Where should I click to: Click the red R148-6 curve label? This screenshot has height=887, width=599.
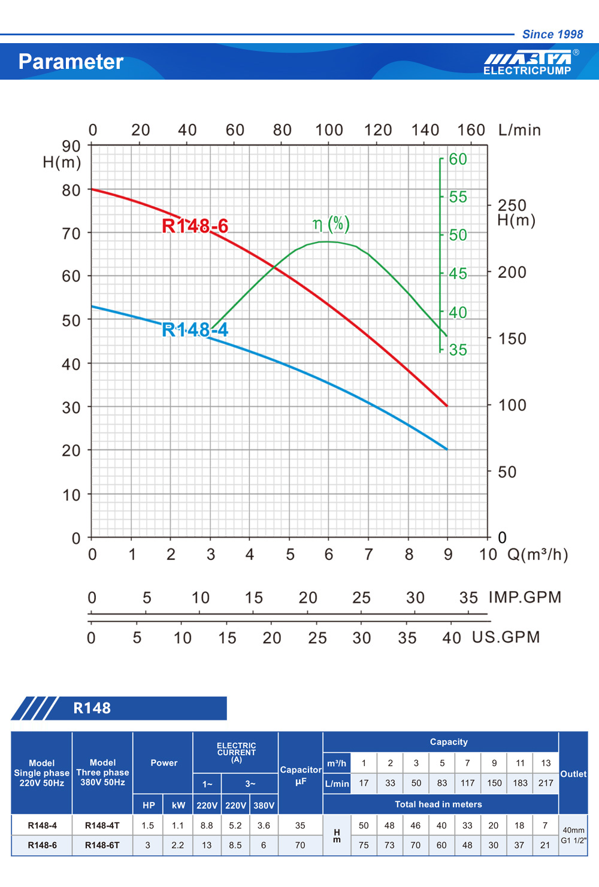tap(195, 226)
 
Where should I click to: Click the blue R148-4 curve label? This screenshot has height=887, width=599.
tap(195, 329)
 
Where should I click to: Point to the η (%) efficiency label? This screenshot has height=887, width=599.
tap(331, 224)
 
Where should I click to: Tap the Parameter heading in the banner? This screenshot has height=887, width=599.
tap(71, 62)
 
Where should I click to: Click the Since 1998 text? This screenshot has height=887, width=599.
tap(552, 34)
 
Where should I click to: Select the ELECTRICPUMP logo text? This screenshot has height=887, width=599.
tap(527, 71)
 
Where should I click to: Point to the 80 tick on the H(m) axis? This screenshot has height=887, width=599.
tap(71, 190)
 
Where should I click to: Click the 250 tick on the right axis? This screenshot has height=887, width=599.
tap(512, 205)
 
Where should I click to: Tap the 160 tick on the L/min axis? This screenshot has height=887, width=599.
tap(471, 130)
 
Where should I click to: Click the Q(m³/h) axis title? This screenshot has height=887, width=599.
tap(537, 555)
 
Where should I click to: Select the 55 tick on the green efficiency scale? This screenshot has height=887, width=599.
tap(458, 197)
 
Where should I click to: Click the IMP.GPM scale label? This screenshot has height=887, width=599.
tap(525, 597)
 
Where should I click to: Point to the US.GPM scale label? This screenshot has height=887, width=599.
tap(506, 637)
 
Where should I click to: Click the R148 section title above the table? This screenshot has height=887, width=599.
tap(92, 708)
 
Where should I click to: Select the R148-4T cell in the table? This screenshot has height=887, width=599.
tap(102, 825)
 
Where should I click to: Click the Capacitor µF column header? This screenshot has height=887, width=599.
tap(301, 775)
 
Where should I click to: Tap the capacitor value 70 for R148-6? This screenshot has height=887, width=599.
tap(300, 845)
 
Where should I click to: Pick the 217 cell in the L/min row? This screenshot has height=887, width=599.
tap(546, 783)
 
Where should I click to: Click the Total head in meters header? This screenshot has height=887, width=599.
tap(438, 804)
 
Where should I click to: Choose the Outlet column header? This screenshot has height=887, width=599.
tap(573, 774)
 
